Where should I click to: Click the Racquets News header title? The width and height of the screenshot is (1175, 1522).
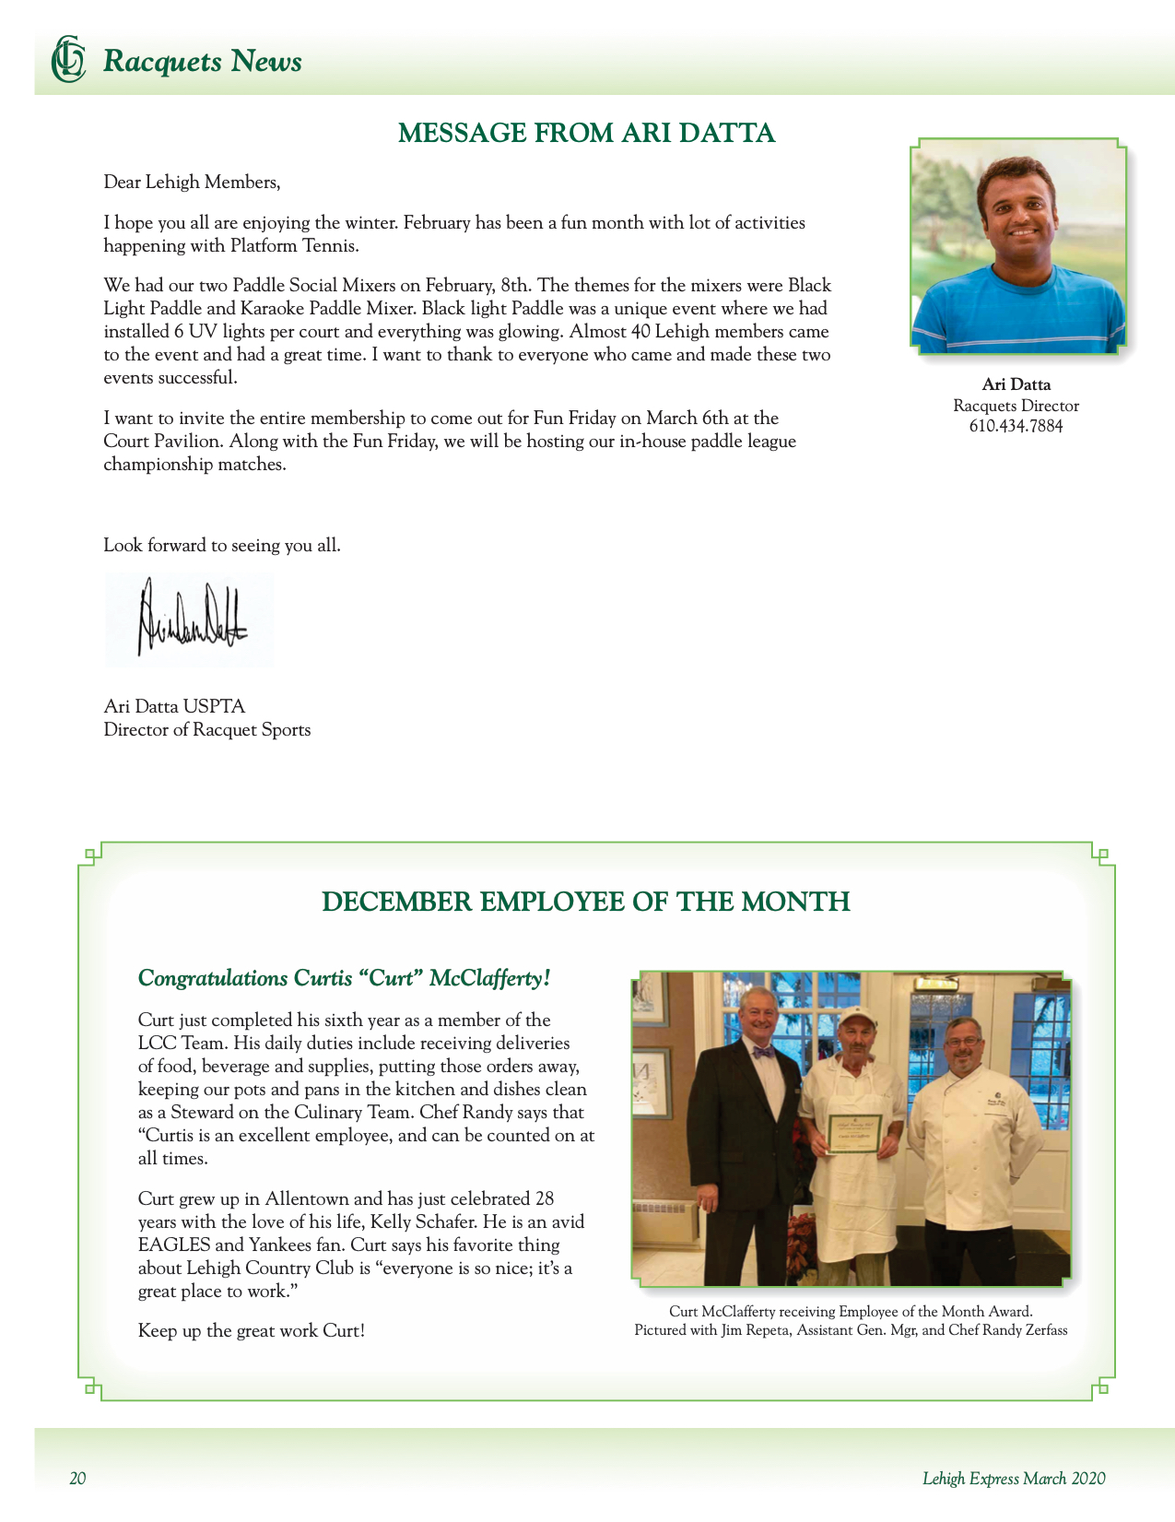click(x=202, y=62)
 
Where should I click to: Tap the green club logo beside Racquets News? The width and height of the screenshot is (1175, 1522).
click(x=68, y=60)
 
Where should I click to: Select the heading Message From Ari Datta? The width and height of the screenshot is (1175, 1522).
click(x=586, y=133)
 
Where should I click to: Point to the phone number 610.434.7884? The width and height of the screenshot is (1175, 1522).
click(x=1016, y=426)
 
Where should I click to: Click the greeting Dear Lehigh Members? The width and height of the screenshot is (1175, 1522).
click(x=192, y=182)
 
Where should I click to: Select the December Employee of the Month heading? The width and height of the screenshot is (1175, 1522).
click(x=586, y=901)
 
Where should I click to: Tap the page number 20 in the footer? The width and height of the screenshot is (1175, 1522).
click(x=77, y=1479)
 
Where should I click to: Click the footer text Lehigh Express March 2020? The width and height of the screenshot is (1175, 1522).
click(x=1014, y=1479)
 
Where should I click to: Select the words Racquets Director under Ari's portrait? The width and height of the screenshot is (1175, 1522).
click(x=1016, y=406)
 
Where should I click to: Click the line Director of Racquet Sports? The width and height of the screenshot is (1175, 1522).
click(x=207, y=729)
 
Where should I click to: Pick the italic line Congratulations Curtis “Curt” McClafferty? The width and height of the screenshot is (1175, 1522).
click(x=344, y=978)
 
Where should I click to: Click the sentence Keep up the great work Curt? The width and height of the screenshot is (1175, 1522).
click(x=252, y=1330)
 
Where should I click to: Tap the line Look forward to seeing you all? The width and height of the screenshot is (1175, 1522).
click(x=222, y=545)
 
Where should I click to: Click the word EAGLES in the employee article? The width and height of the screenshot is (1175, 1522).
click(x=174, y=1245)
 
